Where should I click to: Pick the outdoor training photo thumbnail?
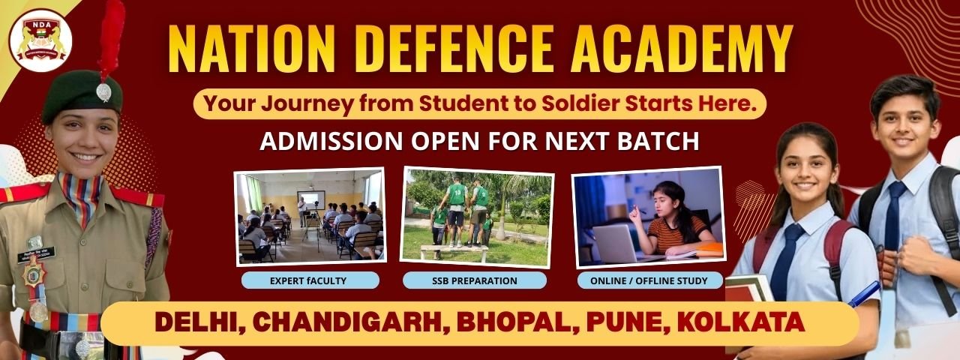click(478, 216)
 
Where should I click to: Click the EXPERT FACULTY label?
click(310, 281)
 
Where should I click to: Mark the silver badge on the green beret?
click(103, 91)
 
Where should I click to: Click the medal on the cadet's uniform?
click(37, 309)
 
